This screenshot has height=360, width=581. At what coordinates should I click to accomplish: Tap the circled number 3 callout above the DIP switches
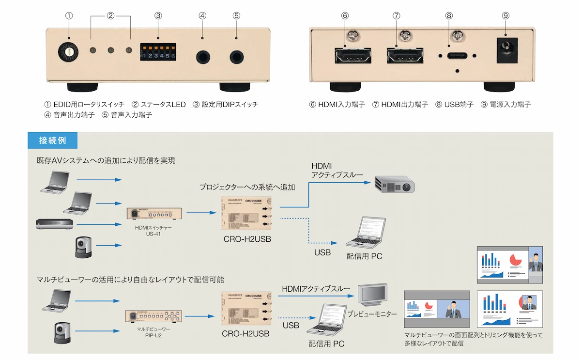coord(158,16)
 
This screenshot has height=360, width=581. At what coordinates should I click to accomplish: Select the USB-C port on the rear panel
coord(457,56)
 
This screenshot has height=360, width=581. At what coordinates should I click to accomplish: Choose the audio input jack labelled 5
coord(236,56)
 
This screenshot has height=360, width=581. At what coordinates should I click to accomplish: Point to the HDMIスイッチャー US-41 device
coord(153,213)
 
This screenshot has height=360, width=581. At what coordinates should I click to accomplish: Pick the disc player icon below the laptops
coord(55,224)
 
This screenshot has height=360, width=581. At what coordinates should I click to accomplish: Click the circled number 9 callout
coord(505,16)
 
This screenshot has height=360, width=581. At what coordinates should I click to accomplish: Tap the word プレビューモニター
coord(372,314)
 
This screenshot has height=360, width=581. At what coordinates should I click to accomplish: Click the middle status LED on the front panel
coord(111,50)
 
